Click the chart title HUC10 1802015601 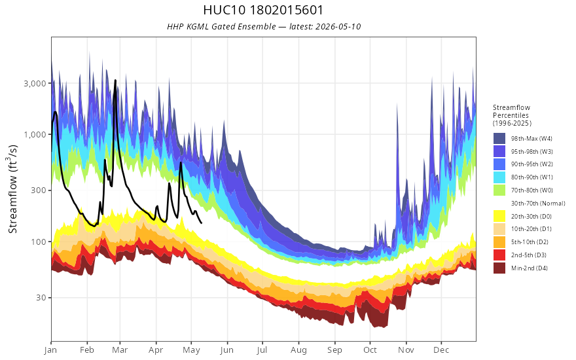[263, 10]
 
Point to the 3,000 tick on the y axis [35, 83]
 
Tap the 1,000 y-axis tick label [35, 134]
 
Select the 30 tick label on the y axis [41, 298]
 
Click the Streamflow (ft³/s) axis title [12, 189]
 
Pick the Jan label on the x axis [50, 350]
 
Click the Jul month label [262, 350]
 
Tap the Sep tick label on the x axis [334, 350]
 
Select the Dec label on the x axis [441, 350]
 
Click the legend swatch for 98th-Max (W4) [499, 139]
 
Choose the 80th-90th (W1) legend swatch [499, 177]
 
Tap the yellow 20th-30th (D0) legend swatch [499, 216]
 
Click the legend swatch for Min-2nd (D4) [499, 268]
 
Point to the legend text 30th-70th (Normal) [538, 203]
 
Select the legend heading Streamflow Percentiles [512, 111]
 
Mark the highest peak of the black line [115, 80]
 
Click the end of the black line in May [202, 223]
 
